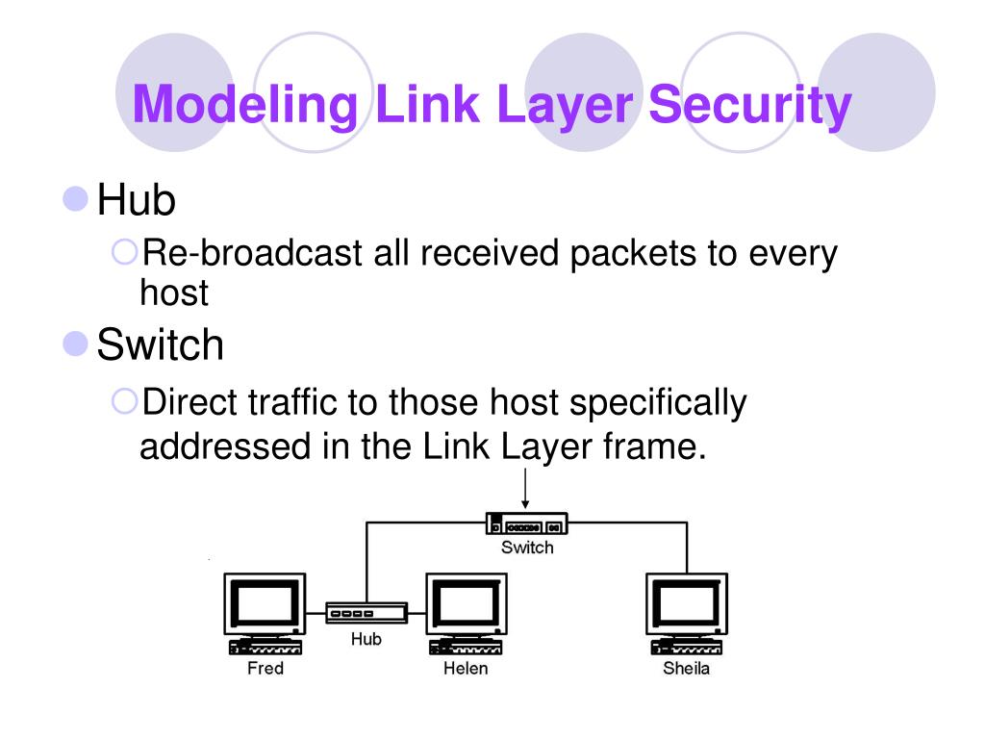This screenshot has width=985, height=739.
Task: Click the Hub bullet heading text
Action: coord(136,202)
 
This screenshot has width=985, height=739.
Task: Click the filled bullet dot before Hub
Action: coord(75,201)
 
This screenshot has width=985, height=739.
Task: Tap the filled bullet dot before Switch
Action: coord(75,344)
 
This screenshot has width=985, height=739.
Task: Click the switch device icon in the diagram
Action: coord(526,524)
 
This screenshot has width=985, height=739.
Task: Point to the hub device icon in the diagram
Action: coord(366,613)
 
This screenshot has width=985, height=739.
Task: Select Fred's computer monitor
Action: coord(264,606)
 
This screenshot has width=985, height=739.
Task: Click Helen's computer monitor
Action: coord(466,606)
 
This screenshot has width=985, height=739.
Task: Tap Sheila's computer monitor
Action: coord(686,606)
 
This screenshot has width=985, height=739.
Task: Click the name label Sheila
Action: coord(686,668)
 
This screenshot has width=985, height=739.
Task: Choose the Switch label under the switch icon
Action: coord(527,548)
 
